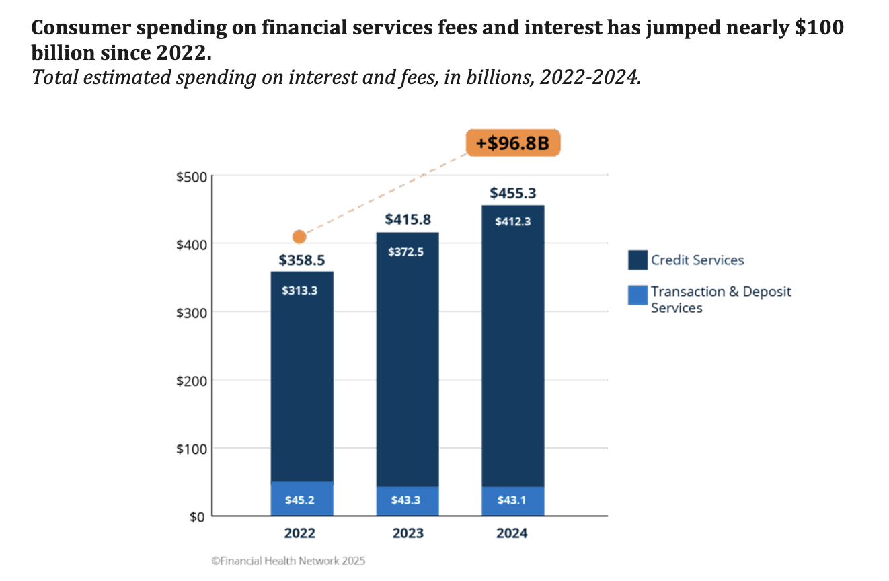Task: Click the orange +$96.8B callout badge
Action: coord(513,143)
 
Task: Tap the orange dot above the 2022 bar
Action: coord(299,237)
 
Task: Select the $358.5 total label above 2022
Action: coord(302,260)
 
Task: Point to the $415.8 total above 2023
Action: coord(408,220)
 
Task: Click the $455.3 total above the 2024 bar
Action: coord(513,194)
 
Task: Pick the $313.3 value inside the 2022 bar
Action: coord(302,291)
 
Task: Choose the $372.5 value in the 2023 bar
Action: coord(408,252)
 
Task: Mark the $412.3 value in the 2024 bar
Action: coord(513,221)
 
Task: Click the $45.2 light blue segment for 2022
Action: coord(302,500)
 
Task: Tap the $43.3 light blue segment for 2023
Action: coord(408,501)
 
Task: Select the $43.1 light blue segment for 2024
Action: coord(513,501)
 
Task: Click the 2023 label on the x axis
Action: coord(408,534)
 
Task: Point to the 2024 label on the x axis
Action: coord(513,534)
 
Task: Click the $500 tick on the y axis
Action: coord(191,177)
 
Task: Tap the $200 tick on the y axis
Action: coord(191,381)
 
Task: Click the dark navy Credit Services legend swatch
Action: coord(637,260)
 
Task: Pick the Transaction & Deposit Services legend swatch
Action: coord(637,295)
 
